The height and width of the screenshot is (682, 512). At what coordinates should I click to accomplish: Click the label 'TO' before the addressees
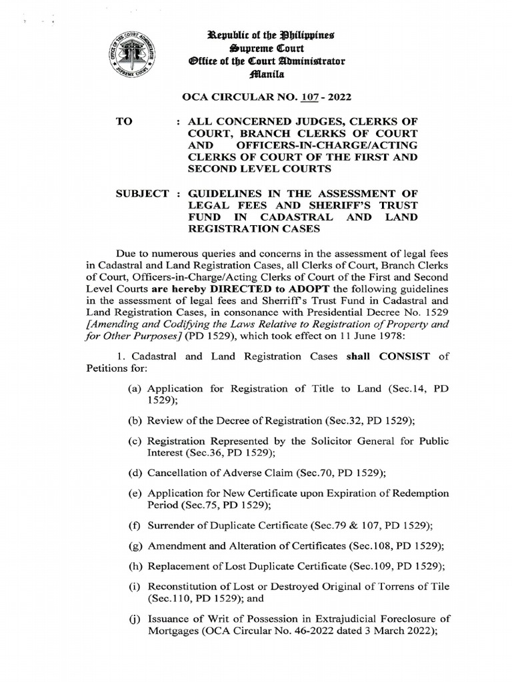click(x=125, y=123)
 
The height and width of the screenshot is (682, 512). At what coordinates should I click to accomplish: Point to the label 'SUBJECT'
click(x=142, y=194)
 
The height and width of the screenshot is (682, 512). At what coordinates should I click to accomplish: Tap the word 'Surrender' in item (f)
click(x=170, y=525)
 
